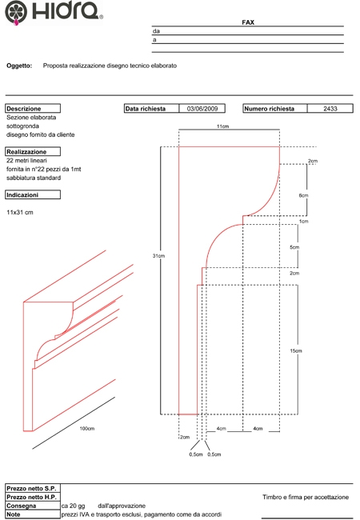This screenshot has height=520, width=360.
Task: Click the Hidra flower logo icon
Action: pos(16,13)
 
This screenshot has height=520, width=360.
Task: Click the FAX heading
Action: pos(248,22)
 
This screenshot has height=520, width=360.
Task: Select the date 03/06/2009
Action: pos(202,109)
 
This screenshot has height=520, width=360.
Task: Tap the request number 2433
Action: pos(330,109)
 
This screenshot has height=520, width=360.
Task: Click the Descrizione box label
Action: pos(33,109)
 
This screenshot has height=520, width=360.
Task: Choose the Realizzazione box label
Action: pos(33,151)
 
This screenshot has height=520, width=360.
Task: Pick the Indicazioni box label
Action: pos(33,194)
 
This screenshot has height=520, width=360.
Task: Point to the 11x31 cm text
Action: pos(20,212)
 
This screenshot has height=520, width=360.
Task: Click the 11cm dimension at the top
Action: pos(222,126)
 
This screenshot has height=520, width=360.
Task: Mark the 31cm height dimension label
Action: pos(158,256)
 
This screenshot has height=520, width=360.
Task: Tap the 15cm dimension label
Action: pos(296,350)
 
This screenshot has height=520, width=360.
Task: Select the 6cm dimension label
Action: pos(303,195)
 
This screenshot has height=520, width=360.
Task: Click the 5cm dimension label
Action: pos(294,247)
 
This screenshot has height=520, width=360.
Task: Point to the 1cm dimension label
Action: pos(304,221)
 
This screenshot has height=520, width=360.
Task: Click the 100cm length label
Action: pos(87,429)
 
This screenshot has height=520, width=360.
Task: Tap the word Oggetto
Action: pos(19,66)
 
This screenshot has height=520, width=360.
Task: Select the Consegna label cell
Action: pos(33,506)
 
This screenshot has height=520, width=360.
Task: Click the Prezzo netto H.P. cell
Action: pos(33,497)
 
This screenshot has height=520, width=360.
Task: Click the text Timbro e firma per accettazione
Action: pos(306,497)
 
